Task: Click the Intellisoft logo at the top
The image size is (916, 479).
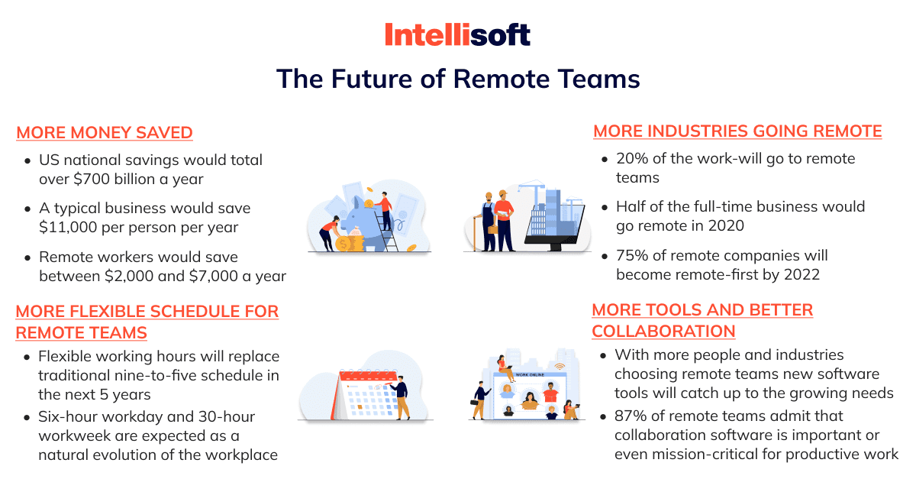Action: [x=457, y=34]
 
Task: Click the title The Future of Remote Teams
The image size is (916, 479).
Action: [x=458, y=79]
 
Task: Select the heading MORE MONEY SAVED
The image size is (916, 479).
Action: [x=105, y=133]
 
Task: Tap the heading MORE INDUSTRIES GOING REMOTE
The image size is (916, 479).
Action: [x=737, y=131]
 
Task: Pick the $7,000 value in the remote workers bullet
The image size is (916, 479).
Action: [x=214, y=276]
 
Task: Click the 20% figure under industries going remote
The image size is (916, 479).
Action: [x=632, y=158]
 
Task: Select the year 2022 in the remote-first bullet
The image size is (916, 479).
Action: [x=802, y=275]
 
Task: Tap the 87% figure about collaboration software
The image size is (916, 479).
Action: [x=631, y=416]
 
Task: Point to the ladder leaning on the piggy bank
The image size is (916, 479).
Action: [x=386, y=229]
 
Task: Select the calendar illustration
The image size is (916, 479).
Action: [x=365, y=394]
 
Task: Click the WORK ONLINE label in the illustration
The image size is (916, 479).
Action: [x=530, y=374]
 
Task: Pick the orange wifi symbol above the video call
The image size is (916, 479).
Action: [x=560, y=366]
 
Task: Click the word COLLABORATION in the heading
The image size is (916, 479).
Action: [x=663, y=332]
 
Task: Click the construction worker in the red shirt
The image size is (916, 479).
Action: [x=505, y=221]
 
